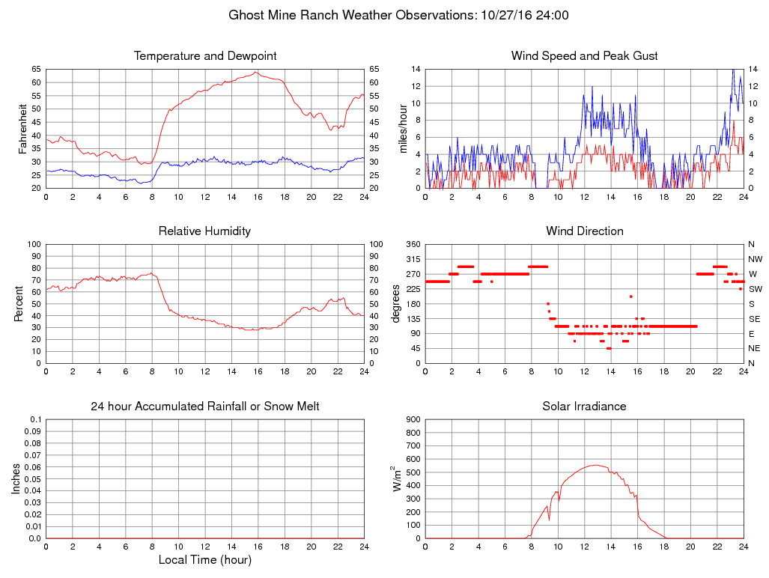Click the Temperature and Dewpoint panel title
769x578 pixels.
(205, 56)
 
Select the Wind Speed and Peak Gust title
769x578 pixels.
(585, 56)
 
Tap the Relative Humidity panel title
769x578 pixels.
(205, 231)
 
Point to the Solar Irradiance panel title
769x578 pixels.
(585, 407)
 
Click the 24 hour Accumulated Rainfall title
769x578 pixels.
(205, 407)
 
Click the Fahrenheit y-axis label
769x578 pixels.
(23, 128)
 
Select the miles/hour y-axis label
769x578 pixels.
(403, 128)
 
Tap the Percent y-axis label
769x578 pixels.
(18, 303)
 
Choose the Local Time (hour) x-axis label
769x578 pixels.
(205, 560)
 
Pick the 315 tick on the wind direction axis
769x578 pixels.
(413, 259)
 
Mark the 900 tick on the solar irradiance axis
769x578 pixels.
(413, 419)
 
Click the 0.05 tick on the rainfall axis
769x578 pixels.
(33, 479)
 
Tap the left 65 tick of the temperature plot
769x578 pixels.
(35, 69)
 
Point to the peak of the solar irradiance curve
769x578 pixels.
(595, 465)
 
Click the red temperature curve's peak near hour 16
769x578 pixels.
(256, 72)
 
